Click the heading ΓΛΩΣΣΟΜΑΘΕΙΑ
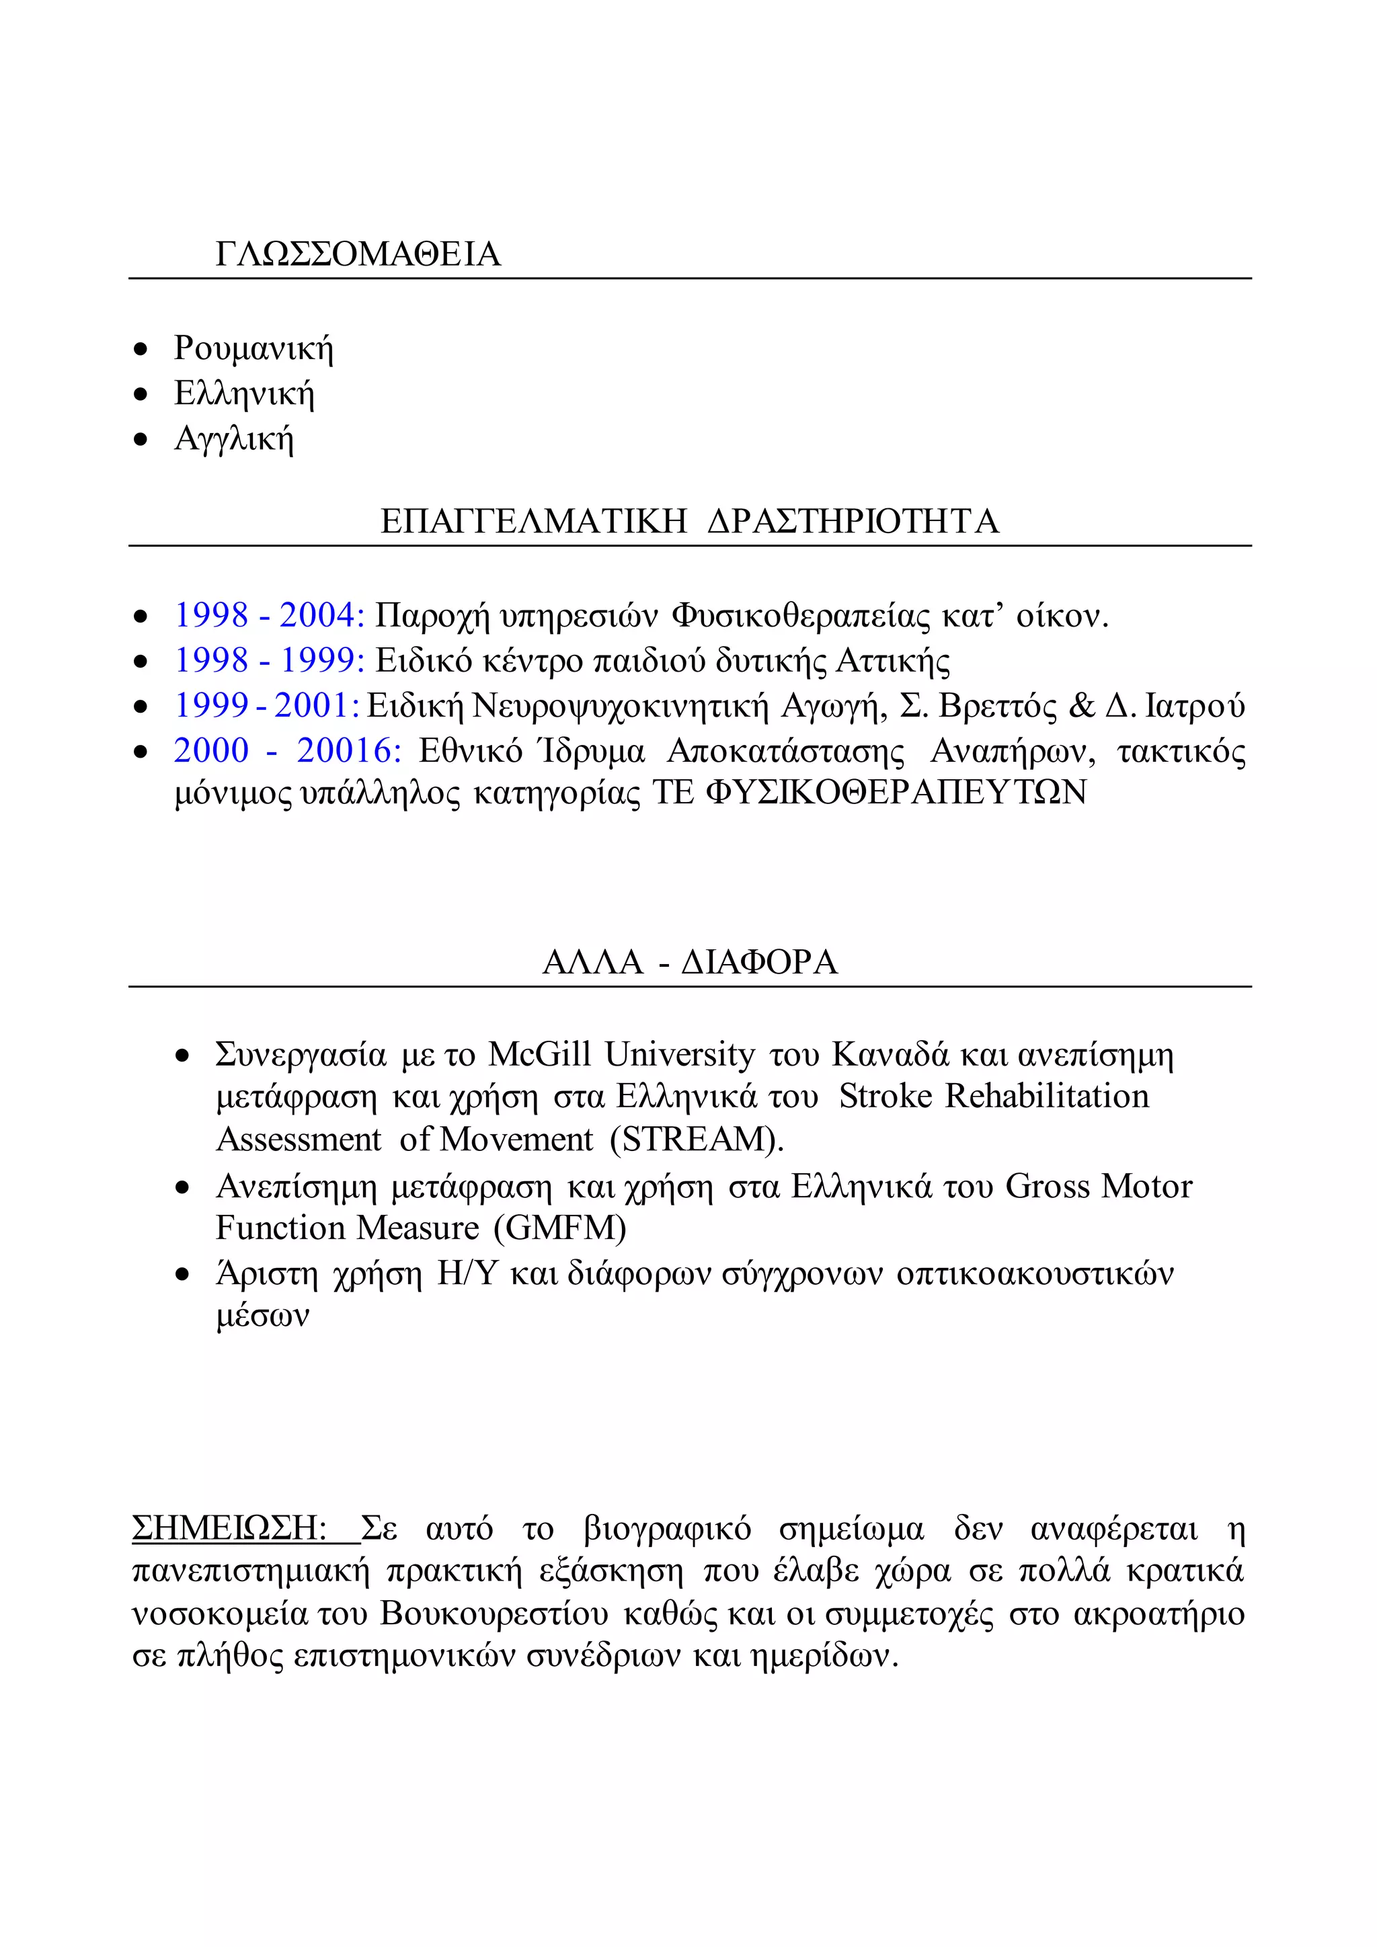point(358,254)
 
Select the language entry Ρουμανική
point(253,348)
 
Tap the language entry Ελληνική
point(244,393)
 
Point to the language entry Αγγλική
point(234,438)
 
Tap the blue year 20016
point(348,750)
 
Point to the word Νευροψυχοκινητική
point(620,705)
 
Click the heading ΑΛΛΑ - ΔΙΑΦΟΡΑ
point(689,961)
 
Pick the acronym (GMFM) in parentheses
point(565,1228)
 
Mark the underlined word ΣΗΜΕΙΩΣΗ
point(229,1528)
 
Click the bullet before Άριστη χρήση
point(182,1275)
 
